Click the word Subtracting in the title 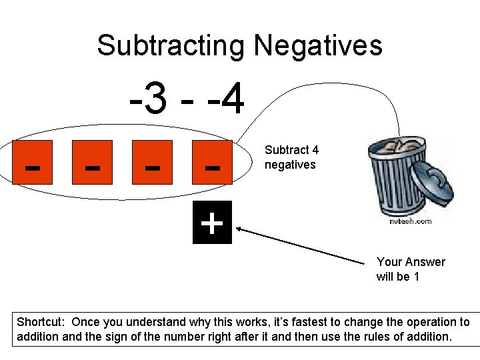(171, 46)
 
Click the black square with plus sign (212, 223)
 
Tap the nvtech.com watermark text (410, 221)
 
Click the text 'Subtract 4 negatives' (291, 157)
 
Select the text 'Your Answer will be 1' (410, 269)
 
